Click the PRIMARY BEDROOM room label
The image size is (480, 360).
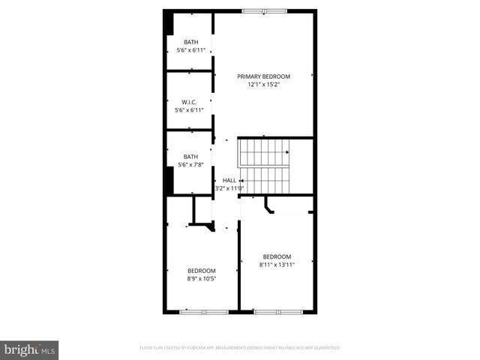(263, 76)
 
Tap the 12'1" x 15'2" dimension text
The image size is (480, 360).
(263, 85)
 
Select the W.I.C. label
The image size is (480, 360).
(189, 102)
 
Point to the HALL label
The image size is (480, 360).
(229, 181)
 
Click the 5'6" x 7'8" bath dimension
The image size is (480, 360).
(190, 165)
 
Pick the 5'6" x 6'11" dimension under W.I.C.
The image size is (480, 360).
(189, 110)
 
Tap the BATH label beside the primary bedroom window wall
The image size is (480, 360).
(190, 42)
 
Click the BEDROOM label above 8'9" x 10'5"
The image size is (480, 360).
(201, 271)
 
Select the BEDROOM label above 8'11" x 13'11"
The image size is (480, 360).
(277, 256)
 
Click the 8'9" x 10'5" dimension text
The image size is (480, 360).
(201, 279)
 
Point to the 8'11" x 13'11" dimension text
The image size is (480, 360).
(277, 265)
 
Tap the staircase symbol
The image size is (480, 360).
(264, 166)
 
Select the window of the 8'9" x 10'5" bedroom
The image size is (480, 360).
(203, 310)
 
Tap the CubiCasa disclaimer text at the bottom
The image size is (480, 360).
(240, 348)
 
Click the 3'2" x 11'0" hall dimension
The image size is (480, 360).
(229, 189)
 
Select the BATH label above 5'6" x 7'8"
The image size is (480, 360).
(190, 157)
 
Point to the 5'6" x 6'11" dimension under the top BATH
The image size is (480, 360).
(190, 50)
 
